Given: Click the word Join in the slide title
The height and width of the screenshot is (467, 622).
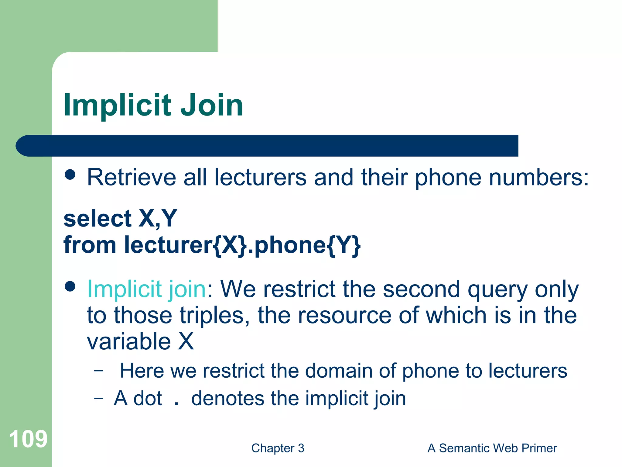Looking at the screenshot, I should (212, 105).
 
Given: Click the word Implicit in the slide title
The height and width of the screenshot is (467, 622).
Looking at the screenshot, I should (118, 105).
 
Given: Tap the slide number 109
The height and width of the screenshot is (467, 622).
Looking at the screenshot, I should (28, 439).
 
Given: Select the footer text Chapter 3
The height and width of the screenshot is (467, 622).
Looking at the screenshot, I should (278, 448).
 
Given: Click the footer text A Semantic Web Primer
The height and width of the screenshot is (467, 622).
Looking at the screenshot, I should (492, 448).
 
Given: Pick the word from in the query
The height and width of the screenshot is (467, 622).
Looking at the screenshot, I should (90, 245).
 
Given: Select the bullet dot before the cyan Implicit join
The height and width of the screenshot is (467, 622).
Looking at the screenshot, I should (70, 286).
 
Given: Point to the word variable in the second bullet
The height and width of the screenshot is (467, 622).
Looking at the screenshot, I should (129, 341).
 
